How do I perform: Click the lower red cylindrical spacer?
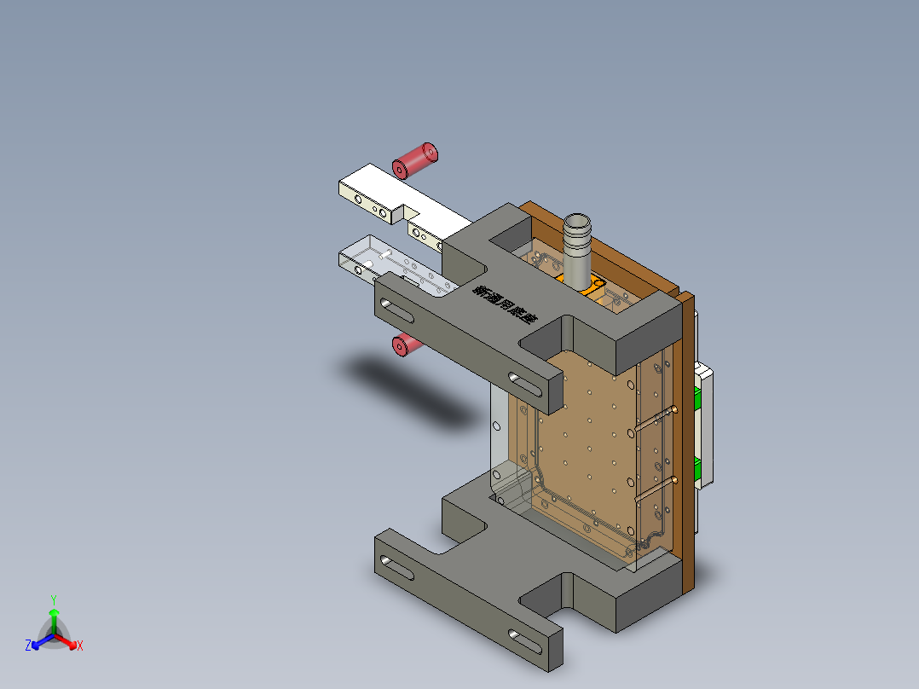click(407, 344)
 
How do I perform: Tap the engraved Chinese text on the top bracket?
click(506, 305)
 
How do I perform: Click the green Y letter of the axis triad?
click(53, 599)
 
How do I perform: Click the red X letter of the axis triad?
click(79, 646)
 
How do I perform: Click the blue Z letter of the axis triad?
click(28, 646)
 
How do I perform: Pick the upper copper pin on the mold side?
click(656, 418)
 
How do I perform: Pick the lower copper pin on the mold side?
click(656, 488)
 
